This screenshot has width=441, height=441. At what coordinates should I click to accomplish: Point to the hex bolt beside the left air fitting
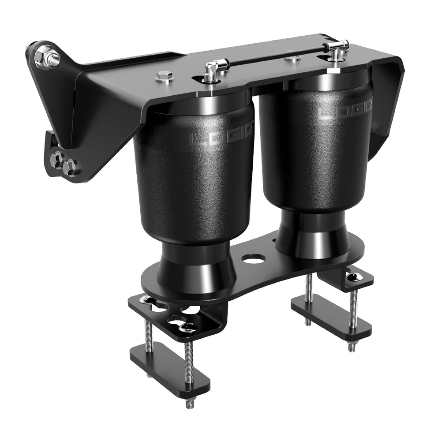(x=164, y=76)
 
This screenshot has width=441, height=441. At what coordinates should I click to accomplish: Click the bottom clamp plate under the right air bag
(x=331, y=316)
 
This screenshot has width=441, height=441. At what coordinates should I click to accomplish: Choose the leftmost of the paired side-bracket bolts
(x=56, y=159)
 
